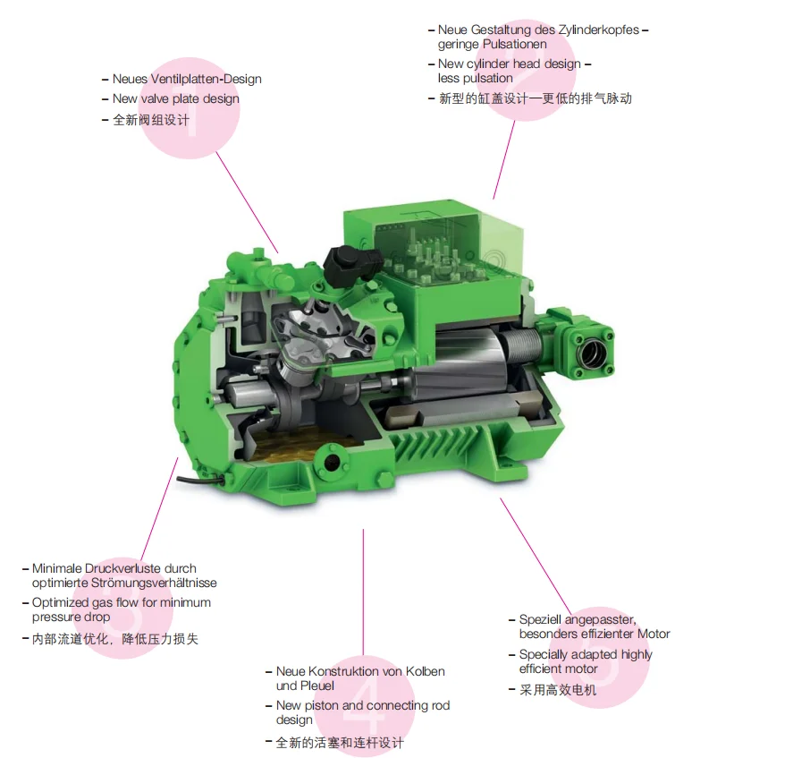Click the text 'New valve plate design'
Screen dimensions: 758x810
click(x=175, y=98)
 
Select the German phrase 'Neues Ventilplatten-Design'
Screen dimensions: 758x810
click(x=186, y=79)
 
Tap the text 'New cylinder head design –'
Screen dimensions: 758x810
click(x=514, y=64)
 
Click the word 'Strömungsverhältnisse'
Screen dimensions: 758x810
click(x=124, y=583)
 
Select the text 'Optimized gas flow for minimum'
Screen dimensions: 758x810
click(x=122, y=602)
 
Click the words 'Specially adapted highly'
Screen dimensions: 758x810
click(x=586, y=654)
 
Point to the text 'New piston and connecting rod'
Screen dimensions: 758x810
click(x=362, y=705)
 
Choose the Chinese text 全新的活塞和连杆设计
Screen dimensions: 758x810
click(x=339, y=743)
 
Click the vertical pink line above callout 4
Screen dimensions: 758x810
click(x=363, y=591)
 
